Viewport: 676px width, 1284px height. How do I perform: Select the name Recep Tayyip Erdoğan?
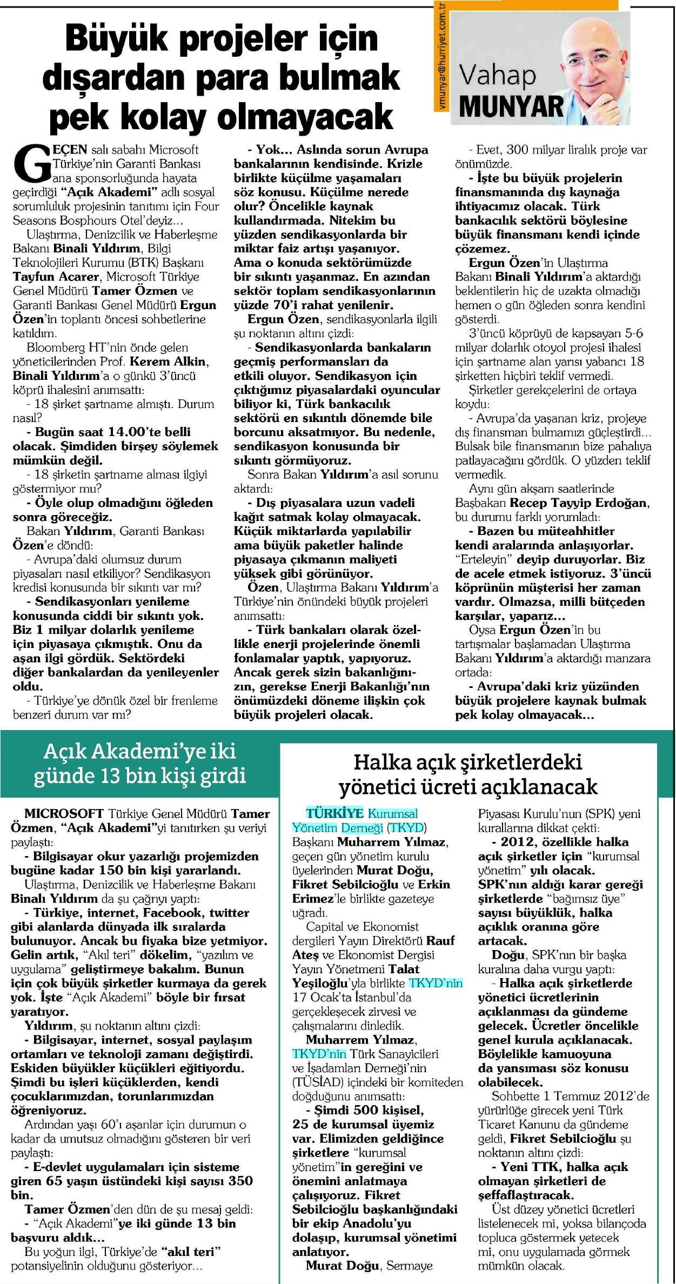pos(579,503)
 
